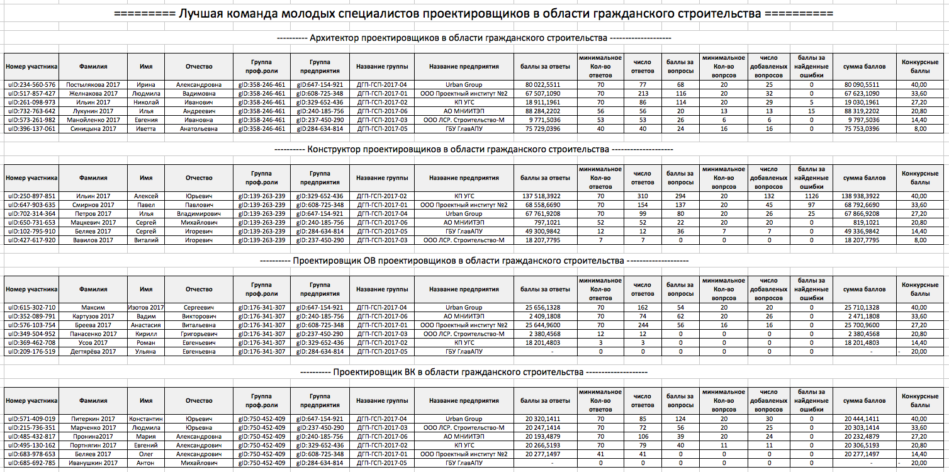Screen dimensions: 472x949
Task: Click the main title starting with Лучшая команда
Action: (474, 14)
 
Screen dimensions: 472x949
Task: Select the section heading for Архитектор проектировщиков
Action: (474, 38)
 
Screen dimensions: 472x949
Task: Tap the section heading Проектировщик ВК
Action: (474, 373)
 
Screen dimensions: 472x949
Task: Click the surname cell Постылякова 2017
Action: (94, 84)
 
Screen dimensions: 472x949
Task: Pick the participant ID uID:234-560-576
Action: (31, 84)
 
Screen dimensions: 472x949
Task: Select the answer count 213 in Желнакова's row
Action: (642, 93)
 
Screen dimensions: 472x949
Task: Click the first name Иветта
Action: (146, 129)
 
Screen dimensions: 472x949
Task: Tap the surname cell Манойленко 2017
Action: (94, 120)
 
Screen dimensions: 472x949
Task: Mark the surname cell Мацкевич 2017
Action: (94, 222)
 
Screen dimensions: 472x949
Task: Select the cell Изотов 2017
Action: (146, 307)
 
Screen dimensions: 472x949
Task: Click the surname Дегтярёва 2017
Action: (94, 352)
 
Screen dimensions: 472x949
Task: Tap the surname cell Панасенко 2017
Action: (94, 334)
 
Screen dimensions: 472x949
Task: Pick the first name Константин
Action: (146, 419)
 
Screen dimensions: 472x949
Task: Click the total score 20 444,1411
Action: (864, 419)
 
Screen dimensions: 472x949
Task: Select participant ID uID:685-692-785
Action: (31, 463)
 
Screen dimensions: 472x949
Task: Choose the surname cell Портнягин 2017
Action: (94, 445)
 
